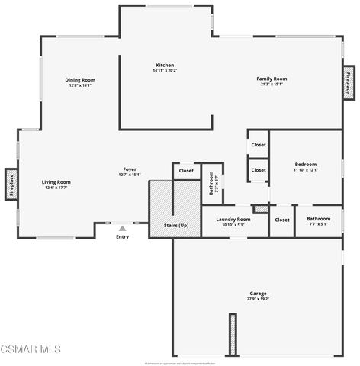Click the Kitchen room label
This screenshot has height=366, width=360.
165,66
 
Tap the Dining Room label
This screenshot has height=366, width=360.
79,79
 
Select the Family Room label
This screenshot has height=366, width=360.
271,79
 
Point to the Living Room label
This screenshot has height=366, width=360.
56,181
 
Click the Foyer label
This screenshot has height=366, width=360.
130,169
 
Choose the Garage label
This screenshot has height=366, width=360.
258,294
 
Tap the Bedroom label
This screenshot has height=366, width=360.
305,164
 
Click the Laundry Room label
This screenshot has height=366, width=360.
233,219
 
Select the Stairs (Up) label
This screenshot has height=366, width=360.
176,226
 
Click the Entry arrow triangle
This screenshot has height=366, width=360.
122,227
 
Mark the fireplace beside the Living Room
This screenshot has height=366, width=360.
11,184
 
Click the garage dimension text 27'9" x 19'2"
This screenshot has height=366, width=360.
258,300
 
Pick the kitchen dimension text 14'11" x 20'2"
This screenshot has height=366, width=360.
165,71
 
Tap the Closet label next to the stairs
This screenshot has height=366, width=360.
186,171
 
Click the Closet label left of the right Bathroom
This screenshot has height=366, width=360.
281,220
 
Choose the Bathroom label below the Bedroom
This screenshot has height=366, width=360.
318,219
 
